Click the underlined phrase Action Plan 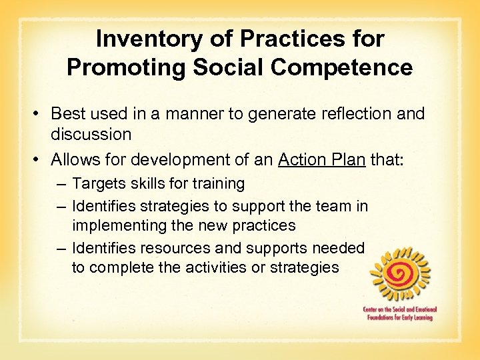pos(321,160)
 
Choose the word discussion pos(91,134)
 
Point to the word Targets pos(99,183)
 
